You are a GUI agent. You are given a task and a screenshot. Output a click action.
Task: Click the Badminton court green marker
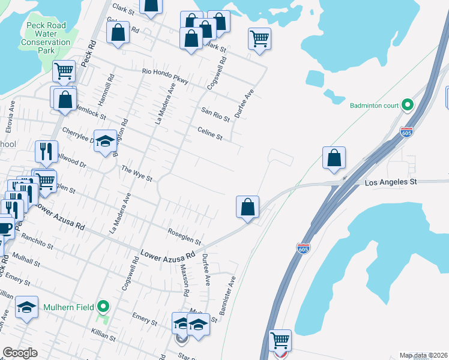(408, 106)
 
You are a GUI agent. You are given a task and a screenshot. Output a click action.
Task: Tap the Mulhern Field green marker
(103, 307)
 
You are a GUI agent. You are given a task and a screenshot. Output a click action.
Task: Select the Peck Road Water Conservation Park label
(46, 38)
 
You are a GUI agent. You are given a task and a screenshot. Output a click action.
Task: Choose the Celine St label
(210, 133)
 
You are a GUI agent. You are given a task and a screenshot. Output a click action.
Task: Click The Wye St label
(137, 174)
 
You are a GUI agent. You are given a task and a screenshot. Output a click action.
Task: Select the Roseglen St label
(184, 236)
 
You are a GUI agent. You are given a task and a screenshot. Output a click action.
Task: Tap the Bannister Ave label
(229, 297)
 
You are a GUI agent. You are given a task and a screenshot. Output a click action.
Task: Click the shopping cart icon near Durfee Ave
(259, 39)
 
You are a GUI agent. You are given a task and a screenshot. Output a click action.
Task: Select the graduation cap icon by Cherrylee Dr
(105, 142)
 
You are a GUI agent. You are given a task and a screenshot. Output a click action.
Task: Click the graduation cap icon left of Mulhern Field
(26, 307)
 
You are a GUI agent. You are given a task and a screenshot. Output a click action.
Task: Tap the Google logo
(20, 353)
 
